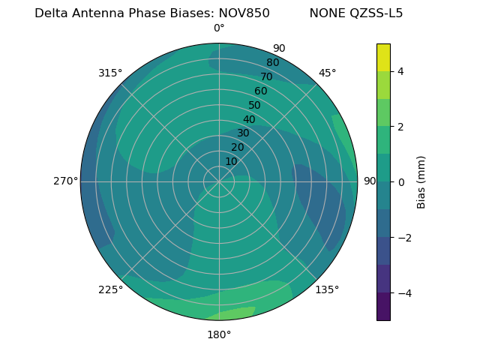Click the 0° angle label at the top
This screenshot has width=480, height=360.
click(x=219, y=28)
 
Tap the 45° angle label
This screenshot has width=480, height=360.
click(x=327, y=73)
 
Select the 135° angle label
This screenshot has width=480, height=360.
click(x=327, y=289)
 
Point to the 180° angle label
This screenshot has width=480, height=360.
click(x=219, y=334)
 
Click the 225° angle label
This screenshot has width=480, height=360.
click(x=110, y=289)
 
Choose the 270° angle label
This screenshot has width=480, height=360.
click(x=65, y=181)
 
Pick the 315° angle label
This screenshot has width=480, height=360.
click(x=110, y=73)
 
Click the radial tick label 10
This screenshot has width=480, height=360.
click(x=231, y=161)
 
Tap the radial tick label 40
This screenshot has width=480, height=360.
click(x=249, y=119)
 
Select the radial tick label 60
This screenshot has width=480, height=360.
click(x=260, y=91)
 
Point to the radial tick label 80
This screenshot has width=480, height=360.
click(x=272, y=63)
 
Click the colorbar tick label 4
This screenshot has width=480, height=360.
click(x=401, y=71)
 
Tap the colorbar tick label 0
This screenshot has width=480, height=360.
click(x=401, y=181)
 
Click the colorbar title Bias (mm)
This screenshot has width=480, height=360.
click(x=421, y=181)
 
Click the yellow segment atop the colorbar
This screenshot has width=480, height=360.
click(x=383, y=57)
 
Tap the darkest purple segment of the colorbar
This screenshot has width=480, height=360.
click(x=383, y=307)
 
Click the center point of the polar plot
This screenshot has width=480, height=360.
click(x=219, y=181)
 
